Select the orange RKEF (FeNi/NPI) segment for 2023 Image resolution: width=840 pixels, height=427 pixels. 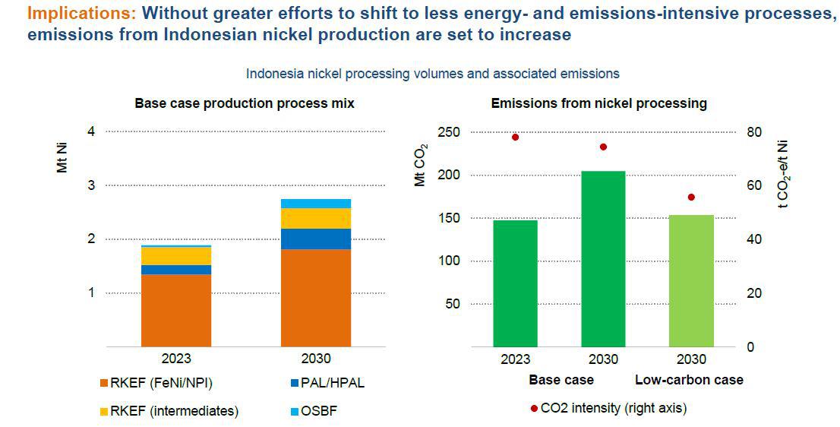click(176, 310)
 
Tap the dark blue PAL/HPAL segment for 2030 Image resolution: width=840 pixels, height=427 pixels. click(315, 239)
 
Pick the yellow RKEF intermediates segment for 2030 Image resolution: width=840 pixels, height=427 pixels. click(315, 218)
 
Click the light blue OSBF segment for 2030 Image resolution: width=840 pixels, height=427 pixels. click(315, 204)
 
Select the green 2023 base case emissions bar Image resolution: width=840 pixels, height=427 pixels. click(515, 283)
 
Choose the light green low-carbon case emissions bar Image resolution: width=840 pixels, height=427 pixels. click(691, 280)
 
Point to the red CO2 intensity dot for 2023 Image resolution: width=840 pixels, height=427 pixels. click(515, 138)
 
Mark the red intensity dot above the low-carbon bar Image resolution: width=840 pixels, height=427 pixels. click(691, 198)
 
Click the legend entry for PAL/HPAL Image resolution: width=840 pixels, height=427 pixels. click(329, 382)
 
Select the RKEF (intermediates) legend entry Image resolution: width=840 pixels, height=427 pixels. click(174, 411)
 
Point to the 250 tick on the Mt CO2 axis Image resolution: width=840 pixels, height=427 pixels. click(448, 132)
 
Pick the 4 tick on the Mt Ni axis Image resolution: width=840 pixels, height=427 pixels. click(90, 131)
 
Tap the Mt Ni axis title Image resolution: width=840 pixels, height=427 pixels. click(62, 160)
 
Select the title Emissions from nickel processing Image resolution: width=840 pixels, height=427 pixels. click(598, 103)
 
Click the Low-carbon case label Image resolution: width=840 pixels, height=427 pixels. click(689, 379)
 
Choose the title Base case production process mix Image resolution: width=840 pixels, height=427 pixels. click(245, 103)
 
